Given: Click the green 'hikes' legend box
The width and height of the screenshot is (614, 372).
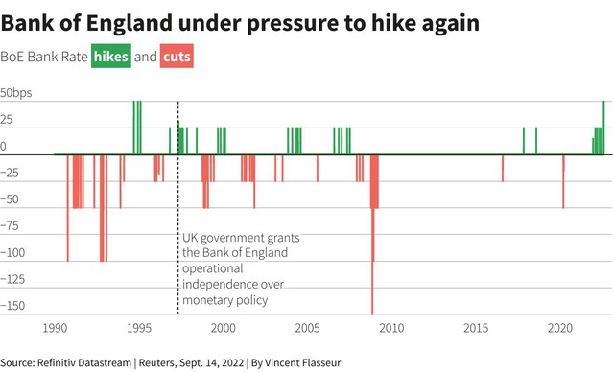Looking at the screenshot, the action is (111, 57).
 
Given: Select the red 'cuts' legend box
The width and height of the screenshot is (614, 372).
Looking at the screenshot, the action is (177, 57).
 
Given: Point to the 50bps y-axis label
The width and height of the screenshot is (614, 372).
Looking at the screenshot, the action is (16, 93).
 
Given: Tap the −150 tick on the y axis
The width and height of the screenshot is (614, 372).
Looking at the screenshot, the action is (12, 306).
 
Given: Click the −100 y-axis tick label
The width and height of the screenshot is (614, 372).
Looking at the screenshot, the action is (12, 253).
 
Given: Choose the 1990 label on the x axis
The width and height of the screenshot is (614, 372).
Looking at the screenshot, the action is (55, 328).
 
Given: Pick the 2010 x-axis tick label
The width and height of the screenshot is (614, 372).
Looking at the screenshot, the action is (391, 328).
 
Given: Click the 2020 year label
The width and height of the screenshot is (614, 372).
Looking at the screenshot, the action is (560, 328).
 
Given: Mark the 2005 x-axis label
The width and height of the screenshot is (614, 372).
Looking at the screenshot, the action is (307, 328).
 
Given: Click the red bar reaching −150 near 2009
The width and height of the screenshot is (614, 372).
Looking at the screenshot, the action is (372, 235).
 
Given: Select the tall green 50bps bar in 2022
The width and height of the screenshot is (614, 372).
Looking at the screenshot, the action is (603, 128).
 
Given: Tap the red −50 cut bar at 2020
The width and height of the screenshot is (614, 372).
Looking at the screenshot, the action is (563, 181).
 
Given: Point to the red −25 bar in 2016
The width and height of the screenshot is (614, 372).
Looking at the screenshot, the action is (503, 168).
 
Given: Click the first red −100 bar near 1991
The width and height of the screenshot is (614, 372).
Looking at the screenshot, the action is (68, 208).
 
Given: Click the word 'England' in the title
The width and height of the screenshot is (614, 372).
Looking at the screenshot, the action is (130, 23).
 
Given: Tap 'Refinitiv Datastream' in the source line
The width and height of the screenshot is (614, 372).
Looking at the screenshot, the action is (84, 363).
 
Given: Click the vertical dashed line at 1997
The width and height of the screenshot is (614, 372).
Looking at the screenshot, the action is (178, 208).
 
